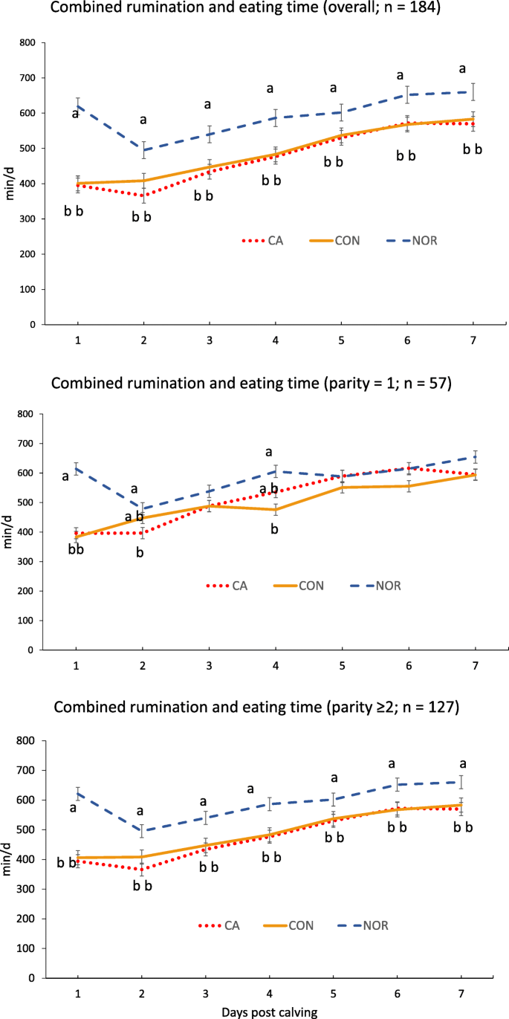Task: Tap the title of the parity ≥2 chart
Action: (255, 708)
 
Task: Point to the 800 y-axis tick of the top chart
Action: (27, 42)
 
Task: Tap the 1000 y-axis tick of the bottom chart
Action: (25, 740)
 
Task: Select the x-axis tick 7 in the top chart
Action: (473, 340)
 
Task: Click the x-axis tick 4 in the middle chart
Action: (276, 664)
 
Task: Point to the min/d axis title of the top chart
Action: (10, 184)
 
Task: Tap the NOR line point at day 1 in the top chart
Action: (77, 106)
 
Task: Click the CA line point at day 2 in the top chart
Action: (143, 195)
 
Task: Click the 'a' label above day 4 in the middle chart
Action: (269, 451)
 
